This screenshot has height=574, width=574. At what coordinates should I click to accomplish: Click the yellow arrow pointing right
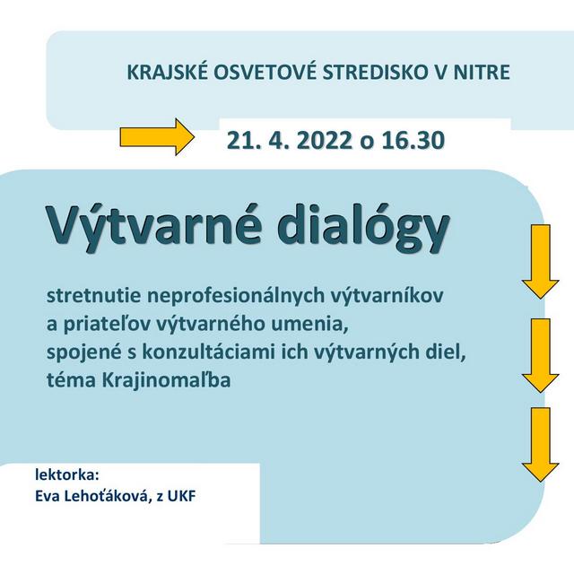click(x=156, y=137)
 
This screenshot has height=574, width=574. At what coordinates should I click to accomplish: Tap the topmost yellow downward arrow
click(x=540, y=261)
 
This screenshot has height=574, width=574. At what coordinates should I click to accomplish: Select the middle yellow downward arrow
click(x=540, y=354)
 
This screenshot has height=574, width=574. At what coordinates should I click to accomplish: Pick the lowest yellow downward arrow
click(x=540, y=445)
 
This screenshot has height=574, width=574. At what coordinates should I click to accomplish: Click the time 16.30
click(x=409, y=141)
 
